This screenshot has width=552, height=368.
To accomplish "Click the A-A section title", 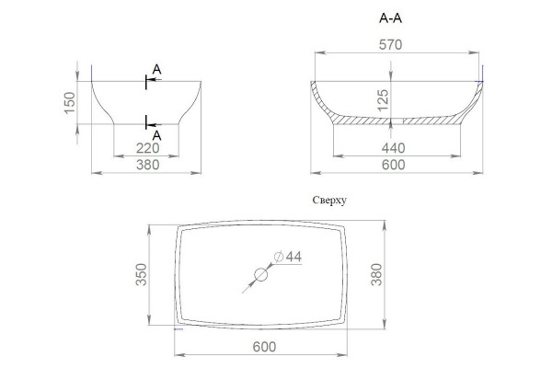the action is pos(390,18).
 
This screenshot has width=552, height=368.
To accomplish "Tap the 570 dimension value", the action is pos(390,45).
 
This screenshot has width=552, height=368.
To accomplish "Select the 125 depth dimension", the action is pos(383,100).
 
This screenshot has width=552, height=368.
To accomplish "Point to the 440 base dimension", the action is pos(393,148).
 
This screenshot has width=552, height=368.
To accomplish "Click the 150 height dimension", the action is pos(70,102).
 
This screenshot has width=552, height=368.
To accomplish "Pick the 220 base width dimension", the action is pos(148,148).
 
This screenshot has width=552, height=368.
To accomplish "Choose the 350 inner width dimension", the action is pos(141,274).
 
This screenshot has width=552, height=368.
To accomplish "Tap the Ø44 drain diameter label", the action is pos(288,257).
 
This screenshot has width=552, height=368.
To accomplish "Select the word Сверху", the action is pos(329,200).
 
